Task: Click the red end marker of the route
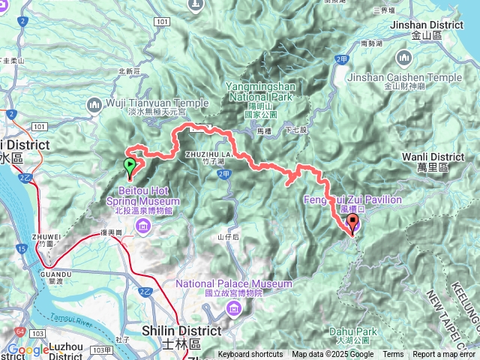pos(352,223)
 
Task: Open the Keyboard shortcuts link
pos(250,355)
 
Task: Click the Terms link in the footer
pos(393,355)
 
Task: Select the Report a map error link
pos(445,355)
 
